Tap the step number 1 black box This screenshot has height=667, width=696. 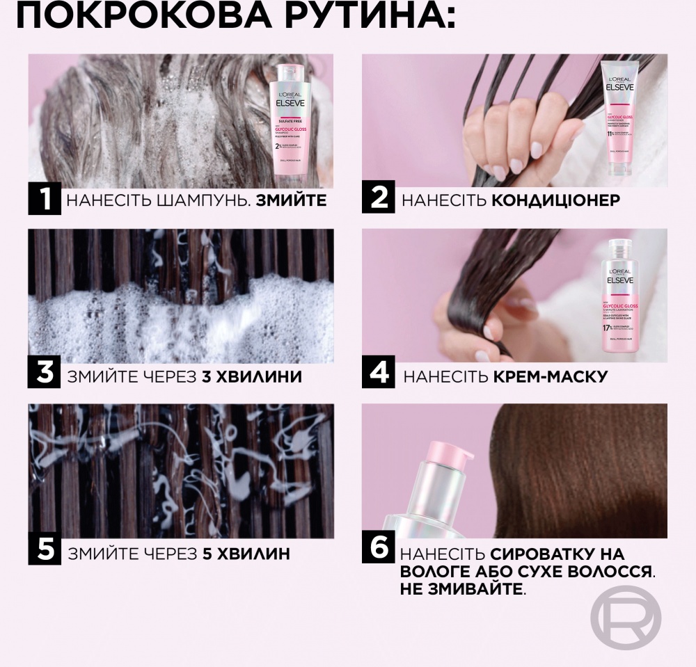(x=45, y=200)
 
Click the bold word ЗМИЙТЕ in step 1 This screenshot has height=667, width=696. (x=292, y=202)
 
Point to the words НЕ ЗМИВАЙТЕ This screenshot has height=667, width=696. (x=462, y=589)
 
